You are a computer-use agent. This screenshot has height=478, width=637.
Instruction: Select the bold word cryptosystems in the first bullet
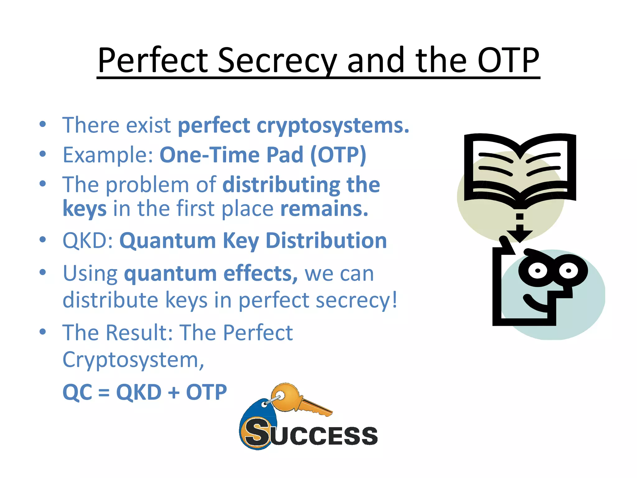332,125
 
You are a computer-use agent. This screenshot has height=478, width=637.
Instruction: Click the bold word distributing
281,185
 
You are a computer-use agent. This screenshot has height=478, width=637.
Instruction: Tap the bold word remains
324,208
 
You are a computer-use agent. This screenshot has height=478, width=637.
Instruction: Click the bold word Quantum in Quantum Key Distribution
168,241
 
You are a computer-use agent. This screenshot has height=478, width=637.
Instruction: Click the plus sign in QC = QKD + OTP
174,392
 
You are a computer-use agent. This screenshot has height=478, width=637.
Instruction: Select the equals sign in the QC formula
104,392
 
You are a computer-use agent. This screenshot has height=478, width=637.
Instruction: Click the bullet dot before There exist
43,124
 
